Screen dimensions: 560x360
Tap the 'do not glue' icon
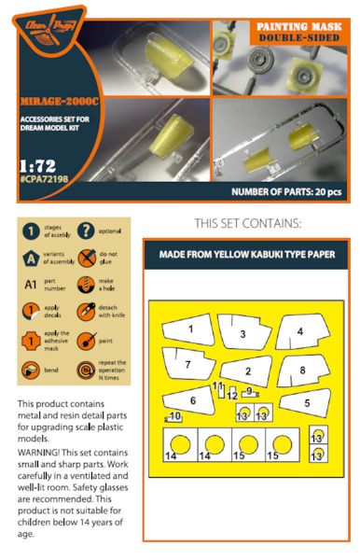[x=86, y=258]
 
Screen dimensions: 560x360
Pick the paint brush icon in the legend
[x=86, y=342]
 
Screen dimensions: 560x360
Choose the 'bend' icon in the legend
[x=32, y=370]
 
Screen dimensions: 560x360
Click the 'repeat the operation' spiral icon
[x=86, y=370]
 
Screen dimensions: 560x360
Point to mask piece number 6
[x=192, y=398]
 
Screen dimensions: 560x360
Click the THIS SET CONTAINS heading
[x=248, y=225]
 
